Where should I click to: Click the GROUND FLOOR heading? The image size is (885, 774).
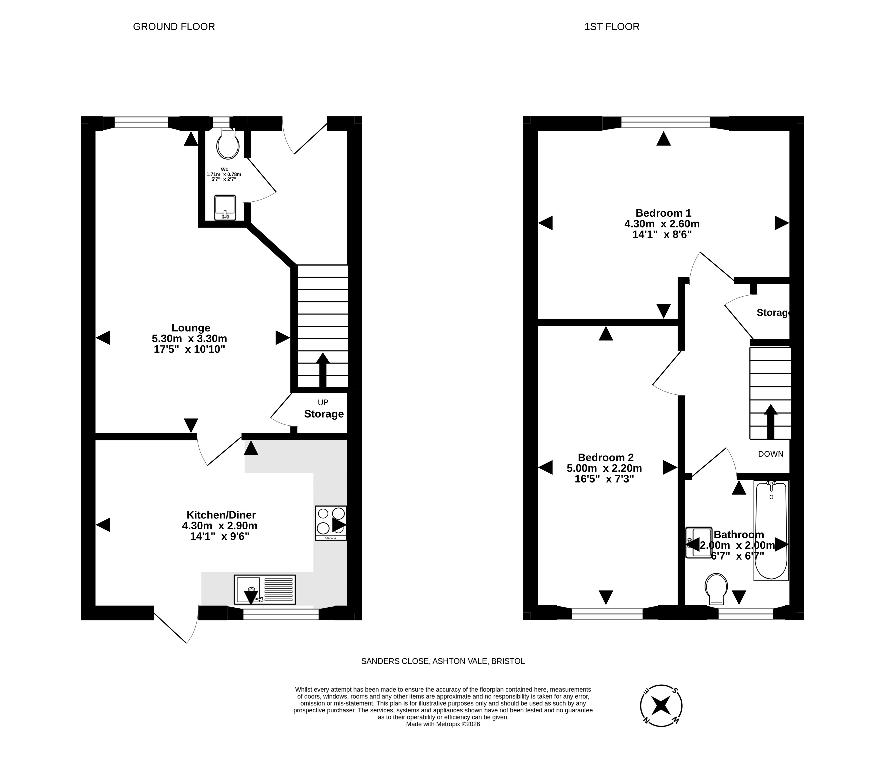[174, 27]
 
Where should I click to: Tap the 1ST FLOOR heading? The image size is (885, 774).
[612, 27]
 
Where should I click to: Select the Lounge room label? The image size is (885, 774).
[191, 328]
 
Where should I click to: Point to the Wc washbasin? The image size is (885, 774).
[225, 207]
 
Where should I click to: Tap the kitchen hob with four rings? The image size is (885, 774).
[331, 523]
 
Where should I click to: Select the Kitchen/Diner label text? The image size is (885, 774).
[221, 515]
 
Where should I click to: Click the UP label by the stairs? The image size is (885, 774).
[323, 403]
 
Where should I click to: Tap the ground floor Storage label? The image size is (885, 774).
[324, 414]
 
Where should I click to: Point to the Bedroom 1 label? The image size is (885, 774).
[663, 213]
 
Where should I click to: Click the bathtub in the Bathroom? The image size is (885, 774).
[771, 530]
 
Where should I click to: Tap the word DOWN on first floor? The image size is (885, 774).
[771, 454]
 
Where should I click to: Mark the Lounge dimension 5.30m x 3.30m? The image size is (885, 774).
[190, 339]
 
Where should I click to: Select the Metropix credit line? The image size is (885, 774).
[443, 724]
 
